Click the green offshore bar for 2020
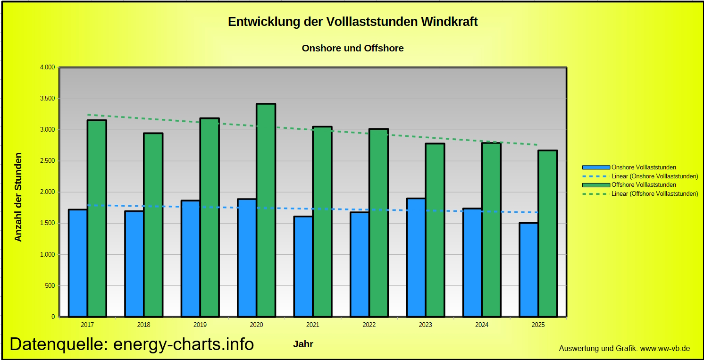click(x=266, y=210)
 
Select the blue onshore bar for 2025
click(x=528, y=270)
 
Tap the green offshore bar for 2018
click(x=153, y=225)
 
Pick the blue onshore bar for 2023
click(x=416, y=258)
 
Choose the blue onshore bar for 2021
click(x=303, y=267)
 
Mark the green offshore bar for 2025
click(x=547, y=234)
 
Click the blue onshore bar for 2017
click(x=78, y=263)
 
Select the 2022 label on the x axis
click(x=369, y=325)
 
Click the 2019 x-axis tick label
click(x=200, y=325)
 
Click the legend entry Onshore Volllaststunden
click(x=644, y=167)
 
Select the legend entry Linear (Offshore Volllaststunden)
click(x=654, y=193)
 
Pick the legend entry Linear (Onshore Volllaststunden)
click(x=654, y=176)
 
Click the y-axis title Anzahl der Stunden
click(x=18, y=197)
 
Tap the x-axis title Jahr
click(x=303, y=344)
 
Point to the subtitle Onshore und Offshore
click(x=352, y=48)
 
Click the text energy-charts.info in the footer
click(x=184, y=344)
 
